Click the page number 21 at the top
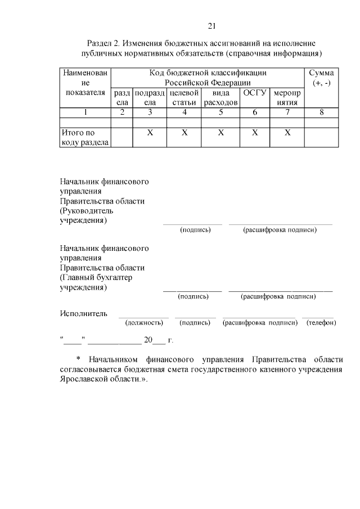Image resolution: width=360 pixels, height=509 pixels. [x=212, y=26]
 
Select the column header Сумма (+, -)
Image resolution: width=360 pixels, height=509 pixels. [x=322, y=78]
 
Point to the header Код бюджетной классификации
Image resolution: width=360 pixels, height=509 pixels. [x=208, y=73]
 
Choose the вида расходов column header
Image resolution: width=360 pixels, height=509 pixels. [x=221, y=97]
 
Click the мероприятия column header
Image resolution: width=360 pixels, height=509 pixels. [x=287, y=97]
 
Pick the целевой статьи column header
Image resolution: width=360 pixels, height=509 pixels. [x=184, y=97]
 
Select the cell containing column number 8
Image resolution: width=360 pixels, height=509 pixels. [x=322, y=112]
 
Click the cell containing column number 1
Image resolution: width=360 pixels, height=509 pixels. [x=85, y=112]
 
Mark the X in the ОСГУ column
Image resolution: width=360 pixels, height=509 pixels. [x=255, y=133]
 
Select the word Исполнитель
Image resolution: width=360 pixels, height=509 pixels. [x=83, y=313]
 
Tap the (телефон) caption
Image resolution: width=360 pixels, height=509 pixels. [x=321, y=323]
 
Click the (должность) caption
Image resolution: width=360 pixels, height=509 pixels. [x=144, y=323]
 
